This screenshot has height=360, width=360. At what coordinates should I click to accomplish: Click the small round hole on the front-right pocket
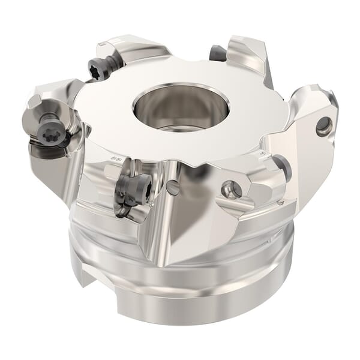click(232, 189)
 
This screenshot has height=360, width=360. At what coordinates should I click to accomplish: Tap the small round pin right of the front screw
click(173, 188)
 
